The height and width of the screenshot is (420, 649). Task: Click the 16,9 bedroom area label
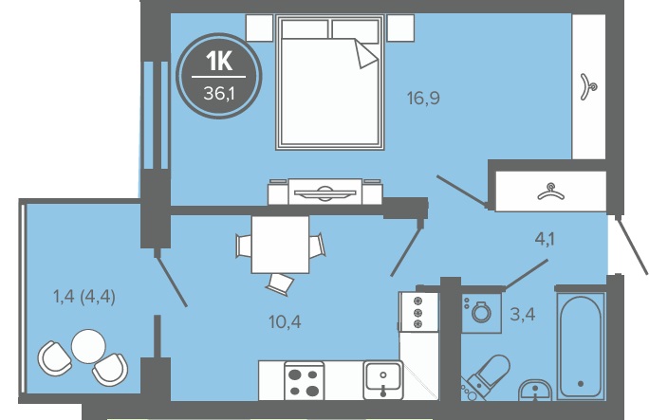[x=423, y=99]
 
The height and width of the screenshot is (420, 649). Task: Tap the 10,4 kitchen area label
[x=285, y=321]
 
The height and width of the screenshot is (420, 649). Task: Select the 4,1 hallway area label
[x=545, y=239]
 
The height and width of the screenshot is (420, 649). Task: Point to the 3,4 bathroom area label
[x=523, y=315]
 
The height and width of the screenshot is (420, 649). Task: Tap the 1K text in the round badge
[x=219, y=62]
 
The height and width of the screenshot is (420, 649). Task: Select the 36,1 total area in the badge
[x=219, y=94]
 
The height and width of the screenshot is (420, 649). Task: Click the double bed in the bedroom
[x=330, y=82]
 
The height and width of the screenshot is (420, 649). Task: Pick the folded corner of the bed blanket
[x=365, y=54]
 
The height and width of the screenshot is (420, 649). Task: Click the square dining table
[x=280, y=245]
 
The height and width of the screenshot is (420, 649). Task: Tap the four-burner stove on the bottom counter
[x=305, y=381]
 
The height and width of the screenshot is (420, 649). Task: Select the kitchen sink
[x=383, y=380]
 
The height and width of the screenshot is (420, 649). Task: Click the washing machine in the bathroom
[x=481, y=313]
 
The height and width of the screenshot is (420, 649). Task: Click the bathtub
[x=581, y=346]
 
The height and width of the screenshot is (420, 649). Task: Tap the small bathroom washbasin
[x=535, y=391]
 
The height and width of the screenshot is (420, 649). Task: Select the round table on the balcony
[x=88, y=346]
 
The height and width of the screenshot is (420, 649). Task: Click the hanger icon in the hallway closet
[x=550, y=192]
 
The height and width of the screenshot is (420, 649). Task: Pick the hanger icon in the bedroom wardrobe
[x=587, y=87]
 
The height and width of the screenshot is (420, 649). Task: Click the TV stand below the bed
[x=324, y=192]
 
